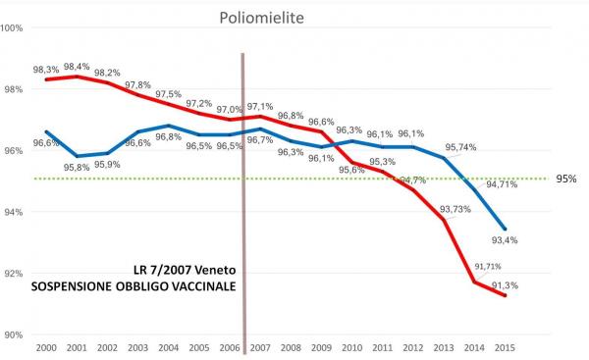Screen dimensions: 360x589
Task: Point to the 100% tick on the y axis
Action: click(x=13, y=27)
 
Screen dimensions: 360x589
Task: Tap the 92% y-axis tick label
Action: click(x=14, y=273)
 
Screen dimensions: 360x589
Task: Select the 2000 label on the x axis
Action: click(x=44, y=348)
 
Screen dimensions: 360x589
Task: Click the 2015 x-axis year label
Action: click(x=506, y=348)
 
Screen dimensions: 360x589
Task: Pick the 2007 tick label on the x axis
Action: click(x=260, y=348)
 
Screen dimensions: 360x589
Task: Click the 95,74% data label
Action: click(x=465, y=146)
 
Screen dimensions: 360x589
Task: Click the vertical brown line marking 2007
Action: click(x=241, y=196)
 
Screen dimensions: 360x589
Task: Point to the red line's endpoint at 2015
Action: click(x=506, y=295)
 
